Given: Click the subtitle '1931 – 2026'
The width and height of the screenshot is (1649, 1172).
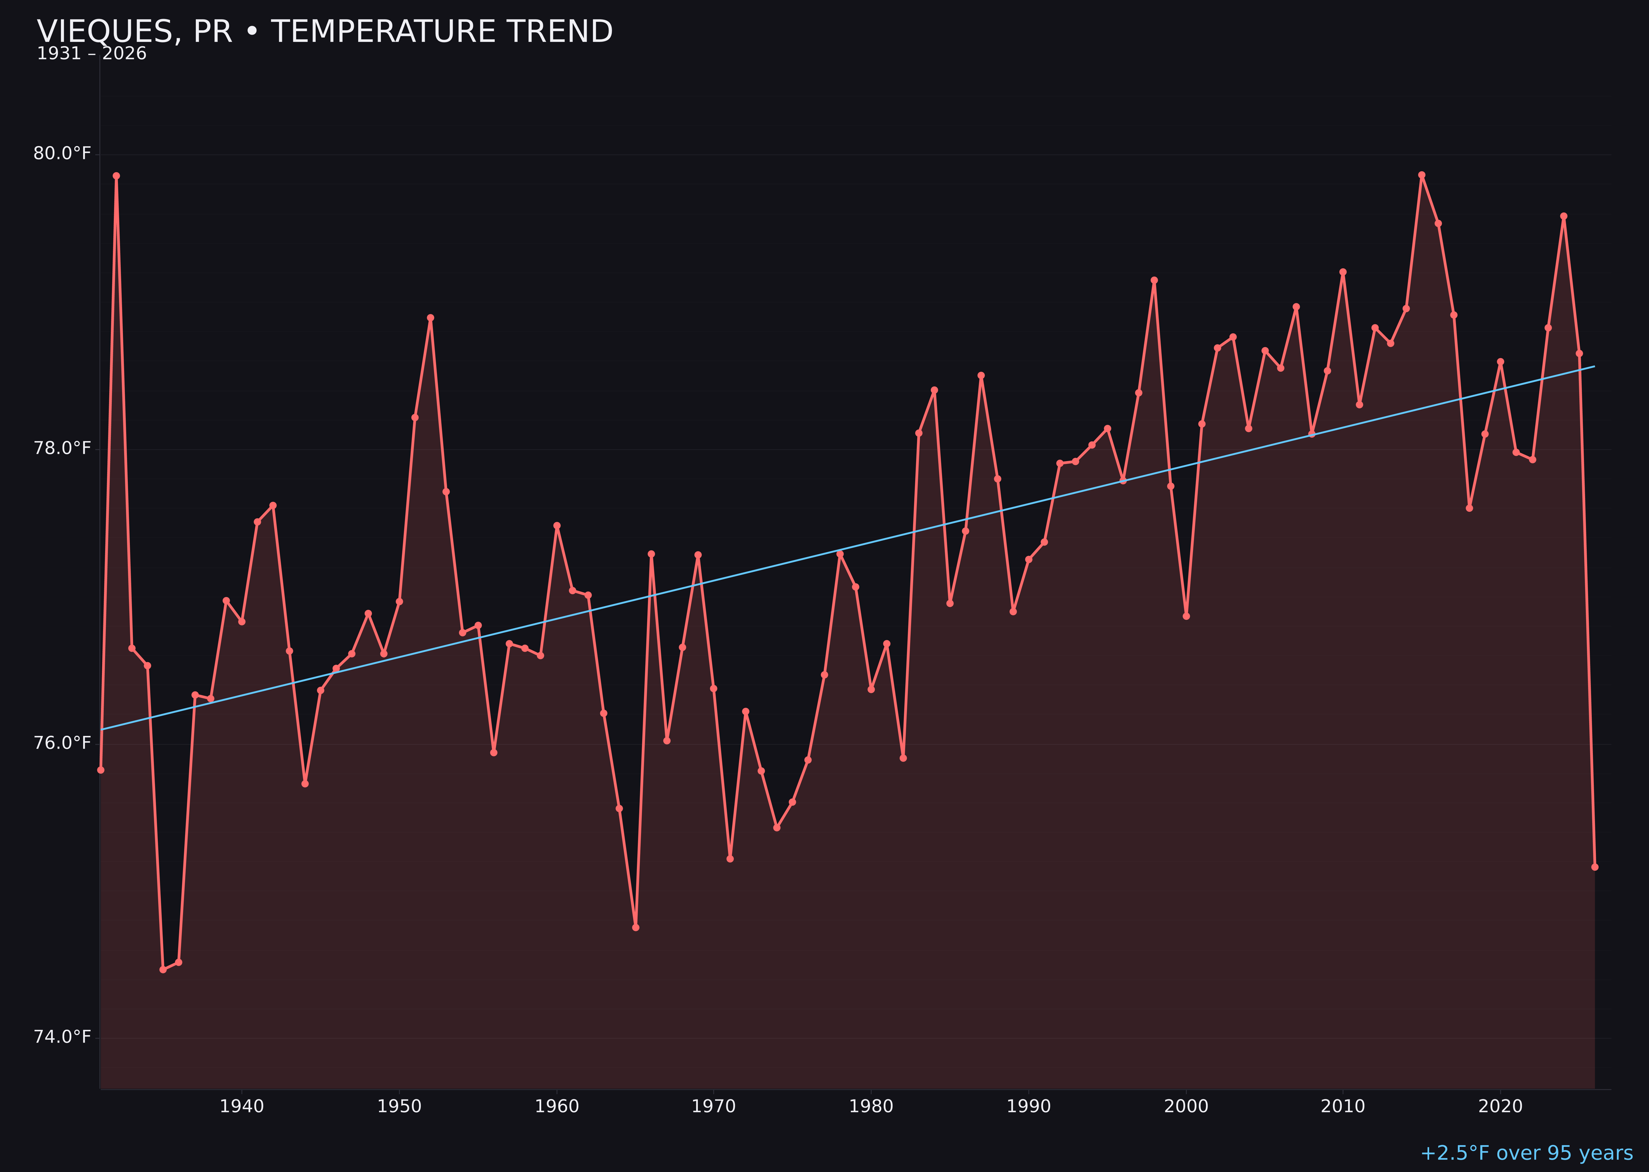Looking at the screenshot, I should click(x=92, y=54).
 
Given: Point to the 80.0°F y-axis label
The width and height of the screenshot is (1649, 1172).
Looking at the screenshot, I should click(x=62, y=154).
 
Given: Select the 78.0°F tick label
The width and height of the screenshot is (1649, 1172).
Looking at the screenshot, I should click(x=62, y=449).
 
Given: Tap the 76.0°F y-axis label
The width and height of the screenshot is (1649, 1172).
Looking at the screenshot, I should click(x=62, y=743).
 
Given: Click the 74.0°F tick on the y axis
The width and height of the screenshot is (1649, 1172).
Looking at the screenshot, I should click(x=62, y=1038).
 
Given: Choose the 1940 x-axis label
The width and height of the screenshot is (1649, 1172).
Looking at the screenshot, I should click(x=242, y=1107).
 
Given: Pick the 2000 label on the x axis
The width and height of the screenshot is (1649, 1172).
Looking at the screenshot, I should click(x=1186, y=1107).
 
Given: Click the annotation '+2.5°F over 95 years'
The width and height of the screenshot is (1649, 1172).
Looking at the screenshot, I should click(x=1526, y=1153).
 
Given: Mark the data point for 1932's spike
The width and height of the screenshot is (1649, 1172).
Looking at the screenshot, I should click(x=116, y=176).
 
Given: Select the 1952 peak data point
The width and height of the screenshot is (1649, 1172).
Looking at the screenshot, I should click(x=430, y=318).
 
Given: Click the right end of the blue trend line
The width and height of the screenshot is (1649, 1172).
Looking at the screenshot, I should click(x=1594, y=367).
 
